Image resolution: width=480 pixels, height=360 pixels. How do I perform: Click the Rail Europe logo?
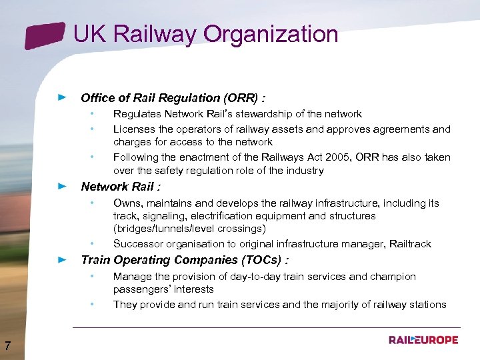[423, 340]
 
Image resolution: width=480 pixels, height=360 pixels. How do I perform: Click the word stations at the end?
[426, 305]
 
